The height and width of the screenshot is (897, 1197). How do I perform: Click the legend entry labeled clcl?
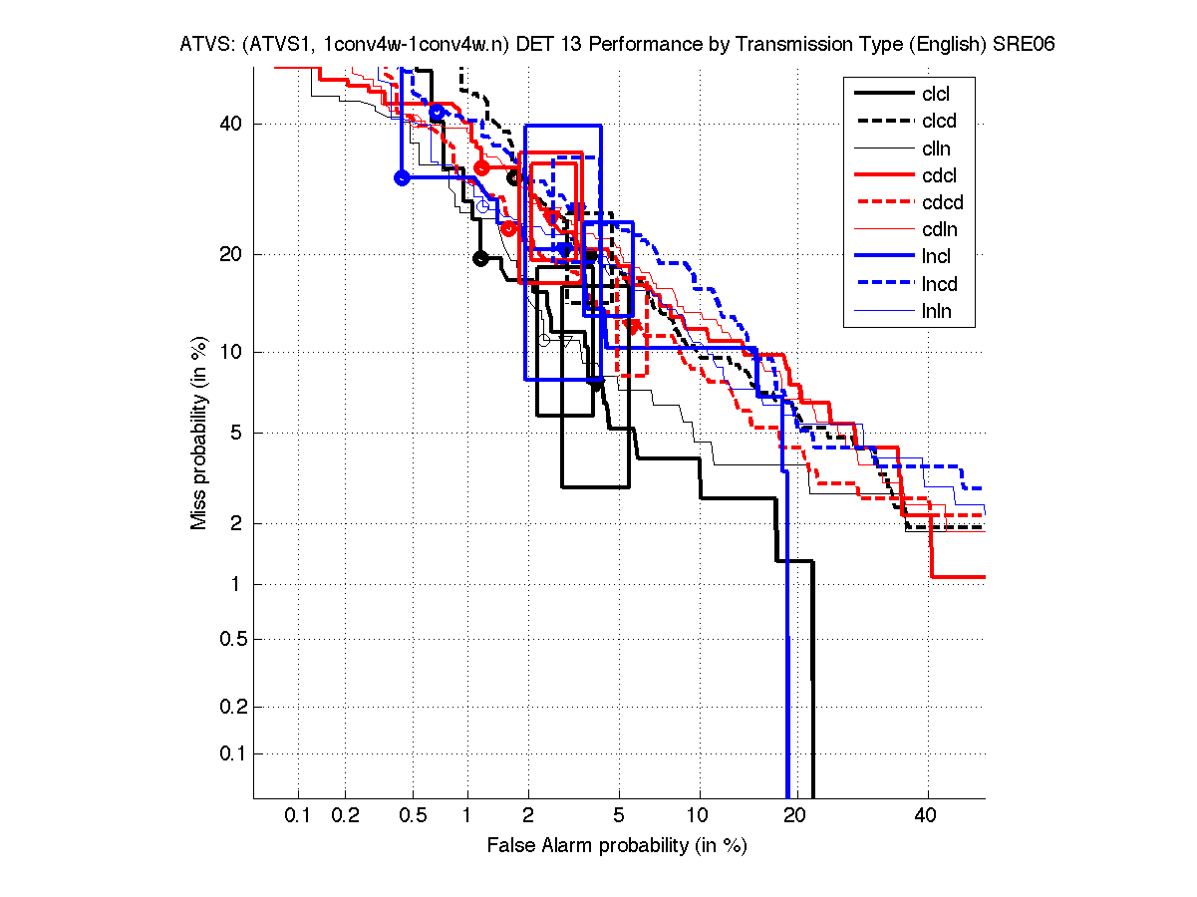[936, 95]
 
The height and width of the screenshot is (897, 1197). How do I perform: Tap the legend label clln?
[936, 149]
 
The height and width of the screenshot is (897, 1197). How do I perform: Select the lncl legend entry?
[936, 257]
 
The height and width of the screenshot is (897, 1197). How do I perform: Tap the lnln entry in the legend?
[936, 311]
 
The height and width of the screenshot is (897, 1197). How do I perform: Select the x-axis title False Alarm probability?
[617, 845]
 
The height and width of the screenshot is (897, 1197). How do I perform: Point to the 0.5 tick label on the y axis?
[230, 639]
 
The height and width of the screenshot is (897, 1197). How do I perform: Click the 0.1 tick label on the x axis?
[299, 815]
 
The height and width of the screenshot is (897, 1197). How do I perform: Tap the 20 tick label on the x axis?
[793, 815]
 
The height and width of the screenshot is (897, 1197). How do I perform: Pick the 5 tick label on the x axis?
[619, 815]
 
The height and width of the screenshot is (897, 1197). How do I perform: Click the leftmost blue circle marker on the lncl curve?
[403, 177]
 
